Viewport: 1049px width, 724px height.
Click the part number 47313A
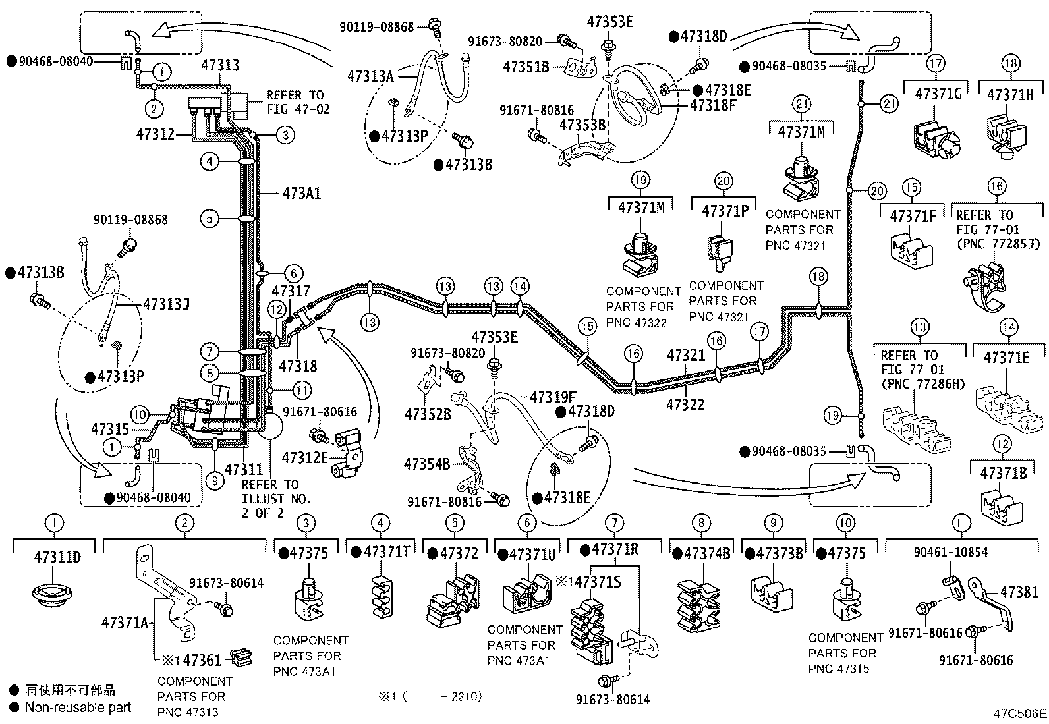(370, 76)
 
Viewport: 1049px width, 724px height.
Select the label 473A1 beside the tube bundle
(302, 193)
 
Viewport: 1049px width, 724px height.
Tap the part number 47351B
(526, 67)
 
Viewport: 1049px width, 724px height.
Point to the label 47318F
(713, 105)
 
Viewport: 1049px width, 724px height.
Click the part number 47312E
(305, 458)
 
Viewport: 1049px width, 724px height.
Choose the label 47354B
(427, 464)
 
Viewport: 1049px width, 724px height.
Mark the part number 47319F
(553, 397)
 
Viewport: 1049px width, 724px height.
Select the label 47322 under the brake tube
(685, 404)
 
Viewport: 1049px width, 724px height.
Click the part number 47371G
(938, 94)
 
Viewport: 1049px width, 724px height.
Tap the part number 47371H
(1011, 95)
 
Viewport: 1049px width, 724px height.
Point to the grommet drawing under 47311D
(53, 594)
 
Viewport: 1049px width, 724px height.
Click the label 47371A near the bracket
(125, 623)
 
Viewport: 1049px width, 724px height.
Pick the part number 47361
(202, 660)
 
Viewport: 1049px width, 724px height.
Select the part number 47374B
(706, 554)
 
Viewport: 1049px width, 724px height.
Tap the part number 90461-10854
(951, 553)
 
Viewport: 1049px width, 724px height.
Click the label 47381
(1019, 592)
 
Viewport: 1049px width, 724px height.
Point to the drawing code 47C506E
(1020, 713)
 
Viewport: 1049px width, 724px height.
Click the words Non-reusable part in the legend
(78, 707)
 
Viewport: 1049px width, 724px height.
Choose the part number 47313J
(166, 304)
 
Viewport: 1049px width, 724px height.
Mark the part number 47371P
(725, 211)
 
